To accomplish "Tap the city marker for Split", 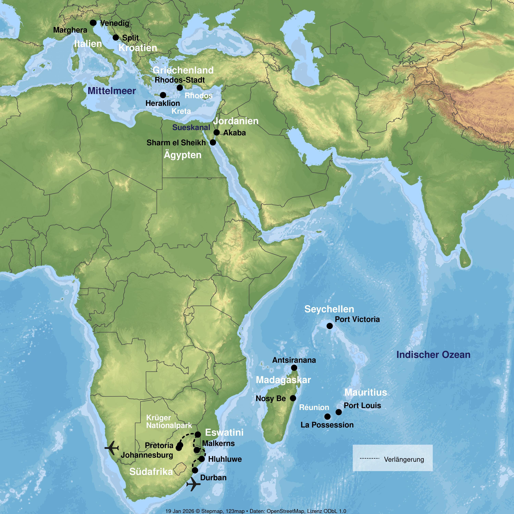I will (x=116, y=38).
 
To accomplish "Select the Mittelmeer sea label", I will (x=112, y=91).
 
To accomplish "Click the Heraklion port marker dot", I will (x=163, y=95).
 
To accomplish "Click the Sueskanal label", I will (x=191, y=127).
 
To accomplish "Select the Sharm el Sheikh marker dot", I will (x=213, y=142).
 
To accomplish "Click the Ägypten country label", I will (x=182, y=155).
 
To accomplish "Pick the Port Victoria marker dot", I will (x=330, y=326).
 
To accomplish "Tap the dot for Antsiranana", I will (x=294, y=368).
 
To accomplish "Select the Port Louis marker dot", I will (x=339, y=412).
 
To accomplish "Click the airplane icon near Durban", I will (x=193, y=484).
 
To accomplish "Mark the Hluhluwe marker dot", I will (x=202, y=459).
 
